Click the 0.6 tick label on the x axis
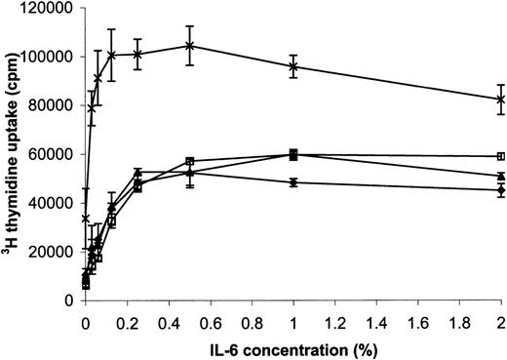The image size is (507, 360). click(x=211, y=318)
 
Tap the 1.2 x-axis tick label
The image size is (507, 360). click(x=335, y=318)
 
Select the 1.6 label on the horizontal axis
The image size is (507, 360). click(x=418, y=318)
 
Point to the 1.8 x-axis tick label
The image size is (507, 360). click(x=460, y=318)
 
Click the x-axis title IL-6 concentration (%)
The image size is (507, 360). click(x=292, y=346)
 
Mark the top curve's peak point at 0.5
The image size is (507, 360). click(x=190, y=46)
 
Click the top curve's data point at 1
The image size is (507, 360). click(x=293, y=66)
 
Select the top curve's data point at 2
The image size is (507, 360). click(x=501, y=99)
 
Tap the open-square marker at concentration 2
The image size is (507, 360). click(x=501, y=156)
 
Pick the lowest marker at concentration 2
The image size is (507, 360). click(x=501, y=190)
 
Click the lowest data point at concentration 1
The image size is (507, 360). click(x=293, y=182)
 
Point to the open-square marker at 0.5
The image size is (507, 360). click(x=190, y=161)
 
